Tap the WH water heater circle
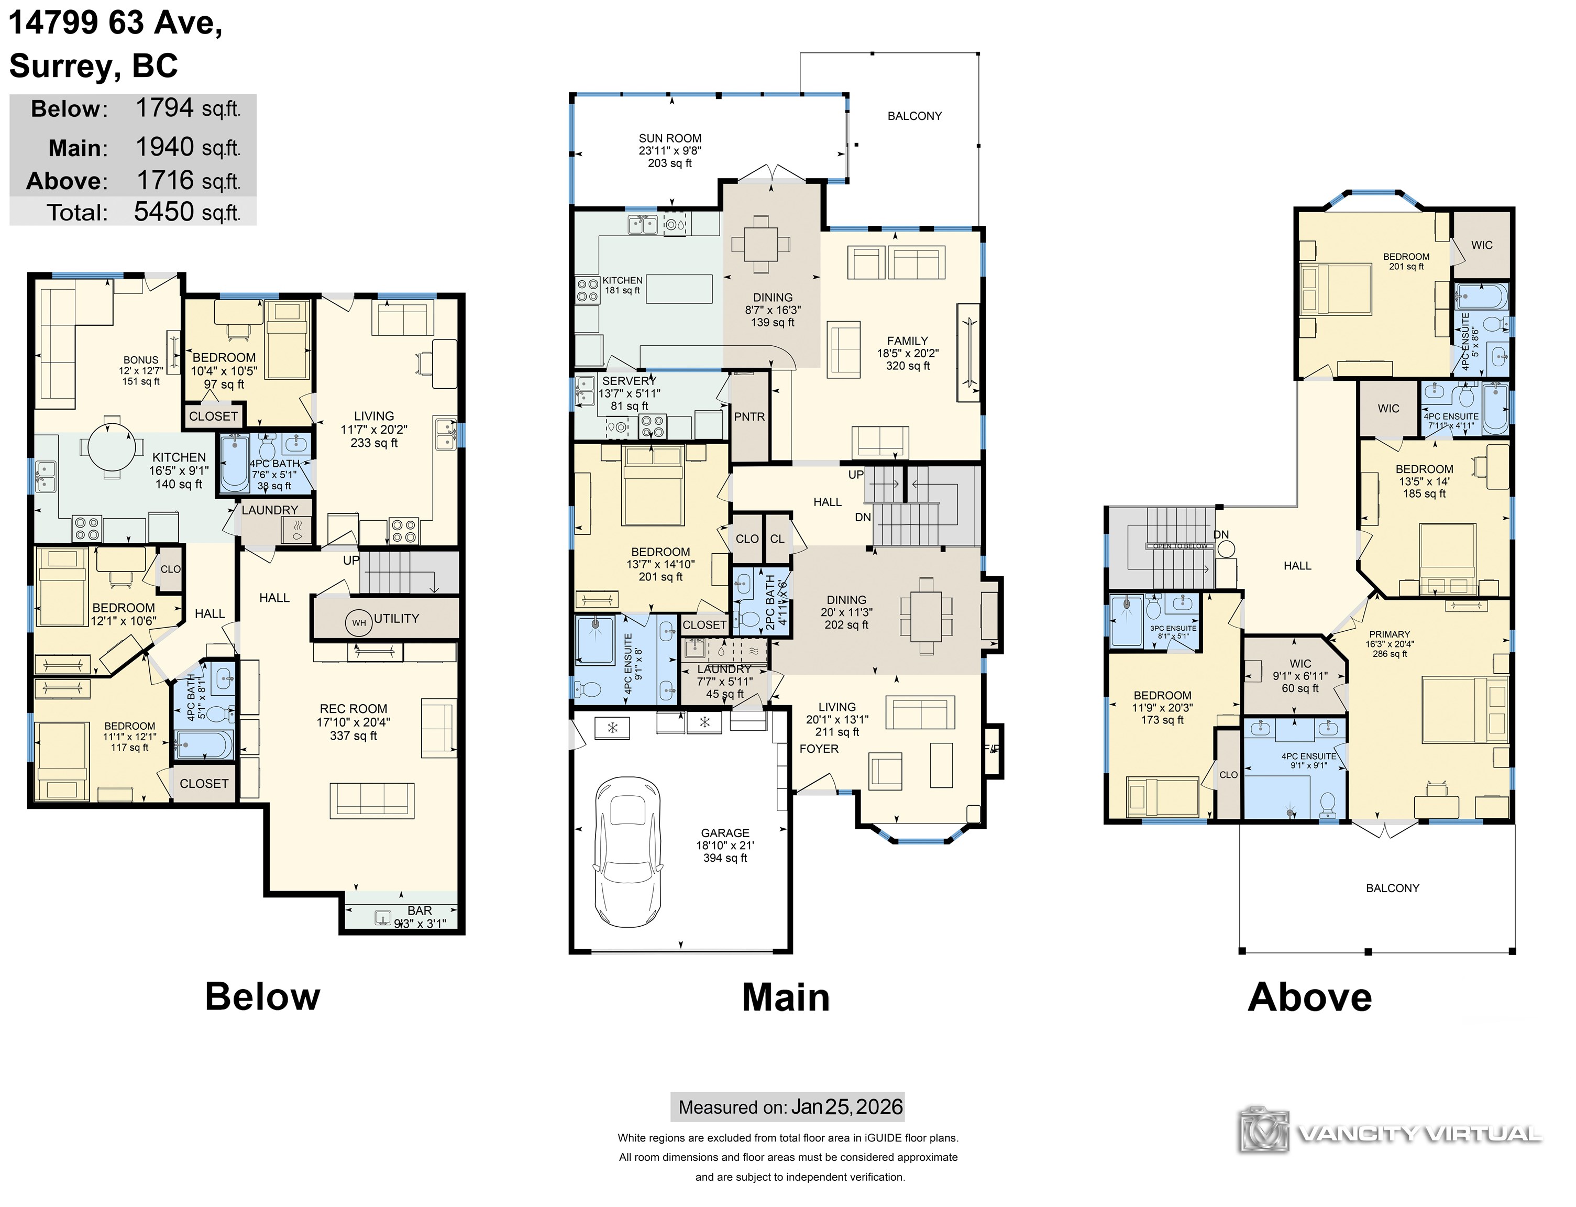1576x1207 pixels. point(358,623)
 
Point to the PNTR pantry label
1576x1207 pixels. point(749,416)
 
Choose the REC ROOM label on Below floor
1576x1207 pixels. point(354,708)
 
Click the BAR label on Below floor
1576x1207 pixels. point(420,910)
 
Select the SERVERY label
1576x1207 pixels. point(629,381)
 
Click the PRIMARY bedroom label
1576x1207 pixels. point(1389,634)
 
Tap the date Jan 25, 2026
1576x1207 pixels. point(846,1107)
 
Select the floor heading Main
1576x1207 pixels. point(786,997)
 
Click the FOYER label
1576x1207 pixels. point(819,749)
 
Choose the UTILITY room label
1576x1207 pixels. point(396,619)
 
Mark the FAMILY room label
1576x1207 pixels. point(907,341)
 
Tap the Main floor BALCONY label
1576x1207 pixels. point(914,116)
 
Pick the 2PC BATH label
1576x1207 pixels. point(770,601)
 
